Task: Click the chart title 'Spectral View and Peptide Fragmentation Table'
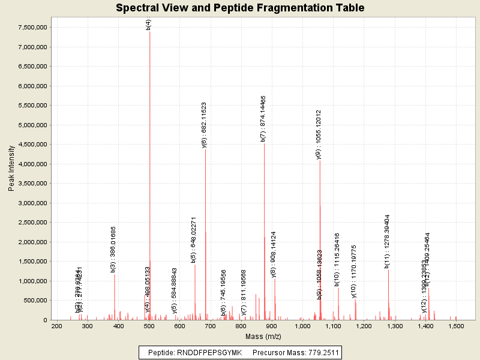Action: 240,8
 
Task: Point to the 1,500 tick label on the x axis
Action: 457,326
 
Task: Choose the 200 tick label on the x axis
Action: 57,326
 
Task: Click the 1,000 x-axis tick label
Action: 303,326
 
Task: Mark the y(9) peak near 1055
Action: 320,240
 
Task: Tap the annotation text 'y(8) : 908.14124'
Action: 274,254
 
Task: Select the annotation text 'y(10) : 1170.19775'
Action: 354,271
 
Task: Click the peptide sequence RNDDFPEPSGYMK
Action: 209,353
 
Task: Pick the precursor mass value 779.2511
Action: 321,353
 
